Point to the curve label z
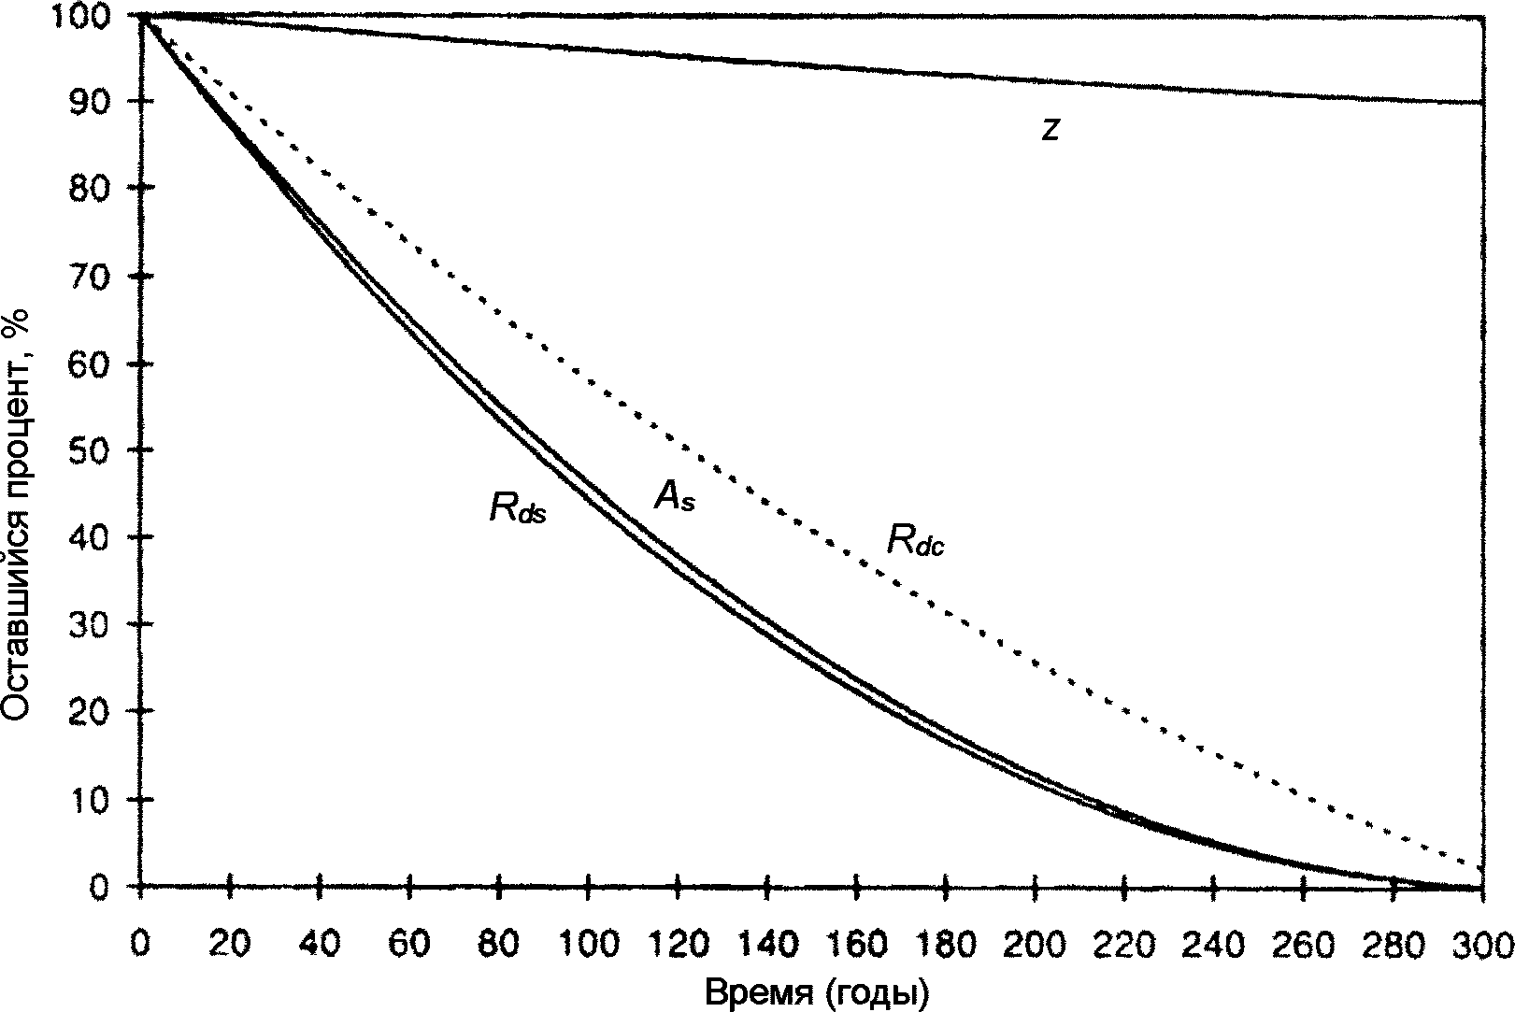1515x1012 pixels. [1050, 130]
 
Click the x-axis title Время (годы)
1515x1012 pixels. [817, 992]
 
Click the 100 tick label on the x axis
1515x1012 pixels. [587, 945]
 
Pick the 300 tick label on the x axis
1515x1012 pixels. [1482, 945]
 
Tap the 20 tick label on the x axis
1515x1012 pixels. [229, 945]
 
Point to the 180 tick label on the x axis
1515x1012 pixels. [945, 945]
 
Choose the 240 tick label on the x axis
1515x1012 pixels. [1213, 945]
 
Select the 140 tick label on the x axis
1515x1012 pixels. [765, 945]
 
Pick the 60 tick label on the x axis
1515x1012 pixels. [408, 945]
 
